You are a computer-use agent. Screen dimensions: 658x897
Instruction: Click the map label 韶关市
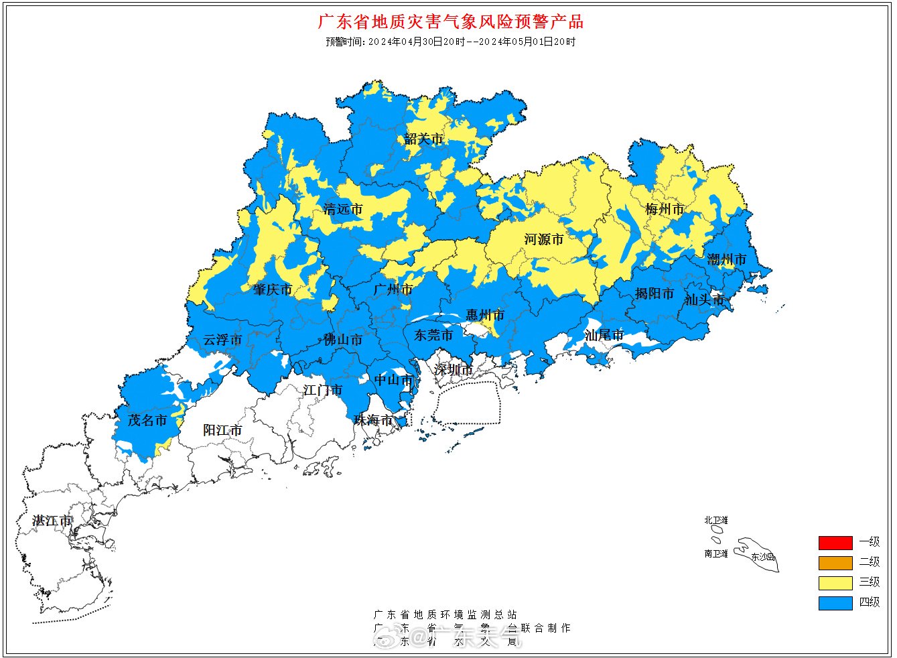click(x=423, y=139)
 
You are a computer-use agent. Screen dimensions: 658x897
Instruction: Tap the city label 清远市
click(x=343, y=209)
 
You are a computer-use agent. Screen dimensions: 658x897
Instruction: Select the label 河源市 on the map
click(x=543, y=239)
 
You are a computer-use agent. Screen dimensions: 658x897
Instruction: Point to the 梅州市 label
click(x=665, y=209)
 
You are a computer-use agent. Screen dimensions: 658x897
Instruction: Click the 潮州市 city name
click(x=727, y=259)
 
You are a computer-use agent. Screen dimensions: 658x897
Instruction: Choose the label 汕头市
click(x=704, y=300)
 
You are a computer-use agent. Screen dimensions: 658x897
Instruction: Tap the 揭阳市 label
click(x=654, y=293)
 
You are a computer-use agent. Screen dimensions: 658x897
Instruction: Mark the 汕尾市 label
click(x=604, y=335)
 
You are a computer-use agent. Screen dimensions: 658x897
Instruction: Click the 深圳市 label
click(x=453, y=370)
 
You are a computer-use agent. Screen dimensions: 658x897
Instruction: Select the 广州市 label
click(x=393, y=289)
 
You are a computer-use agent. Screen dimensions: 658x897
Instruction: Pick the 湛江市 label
click(x=52, y=521)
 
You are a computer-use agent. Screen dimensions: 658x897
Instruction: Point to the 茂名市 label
click(x=147, y=420)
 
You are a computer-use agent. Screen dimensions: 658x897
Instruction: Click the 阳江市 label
click(x=222, y=430)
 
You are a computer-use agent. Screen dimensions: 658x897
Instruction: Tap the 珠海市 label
click(x=373, y=420)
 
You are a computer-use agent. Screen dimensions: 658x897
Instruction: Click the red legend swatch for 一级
click(x=835, y=542)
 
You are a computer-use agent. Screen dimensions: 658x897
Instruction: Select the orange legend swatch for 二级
click(x=835, y=562)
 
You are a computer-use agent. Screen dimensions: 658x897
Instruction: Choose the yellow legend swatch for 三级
click(x=835, y=582)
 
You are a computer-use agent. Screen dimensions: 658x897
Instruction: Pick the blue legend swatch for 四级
click(x=835, y=602)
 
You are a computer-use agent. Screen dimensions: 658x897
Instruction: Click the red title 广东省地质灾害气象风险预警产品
click(x=450, y=21)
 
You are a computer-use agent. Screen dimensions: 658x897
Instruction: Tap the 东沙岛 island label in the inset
click(x=762, y=557)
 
